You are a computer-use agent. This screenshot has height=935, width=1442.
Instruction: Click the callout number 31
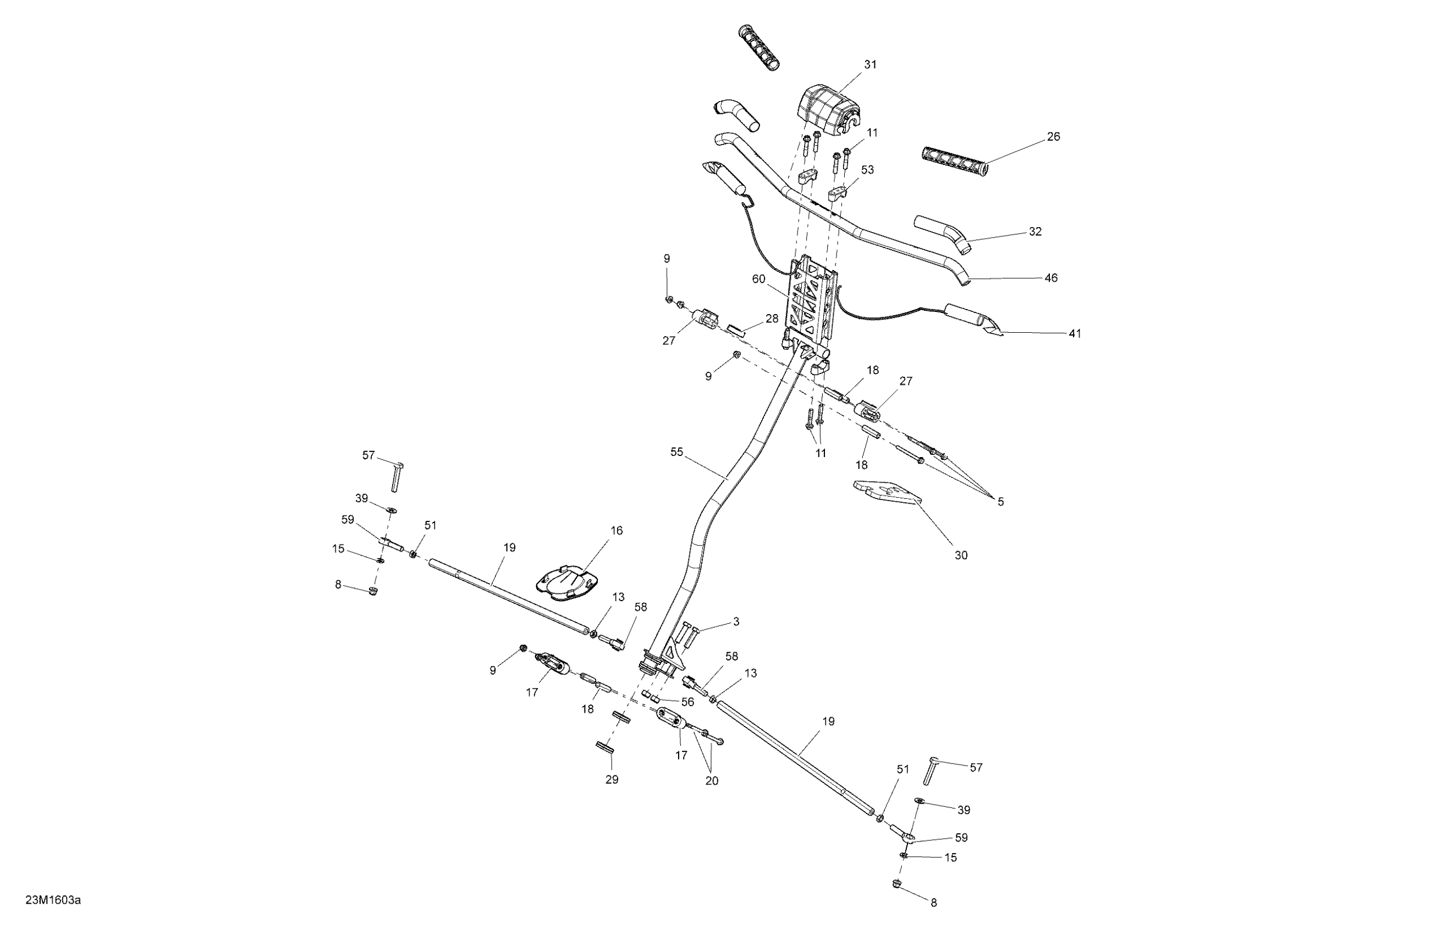tap(870, 65)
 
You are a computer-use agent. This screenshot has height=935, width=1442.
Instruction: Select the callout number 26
tap(1054, 137)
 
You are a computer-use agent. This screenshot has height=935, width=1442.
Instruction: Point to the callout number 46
tap(1051, 278)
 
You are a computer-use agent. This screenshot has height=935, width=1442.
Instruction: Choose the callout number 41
tap(1075, 334)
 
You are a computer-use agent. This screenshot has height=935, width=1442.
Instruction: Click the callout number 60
tap(758, 279)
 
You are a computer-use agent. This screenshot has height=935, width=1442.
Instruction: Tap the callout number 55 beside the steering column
tap(677, 452)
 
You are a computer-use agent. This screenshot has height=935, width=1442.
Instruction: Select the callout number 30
tap(961, 555)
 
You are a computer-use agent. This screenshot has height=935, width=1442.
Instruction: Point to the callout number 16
tap(616, 531)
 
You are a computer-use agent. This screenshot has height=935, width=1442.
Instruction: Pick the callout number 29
tap(612, 780)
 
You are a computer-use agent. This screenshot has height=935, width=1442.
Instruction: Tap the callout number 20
tap(712, 781)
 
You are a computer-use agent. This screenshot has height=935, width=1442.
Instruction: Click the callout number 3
tap(736, 621)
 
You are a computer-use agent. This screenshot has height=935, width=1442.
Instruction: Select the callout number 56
tap(687, 702)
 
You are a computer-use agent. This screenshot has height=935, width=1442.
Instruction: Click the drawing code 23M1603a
tap(53, 900)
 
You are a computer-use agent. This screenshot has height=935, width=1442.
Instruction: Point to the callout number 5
tap(1000, 502)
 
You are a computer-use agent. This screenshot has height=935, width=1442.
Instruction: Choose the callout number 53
tap(868, 169)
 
